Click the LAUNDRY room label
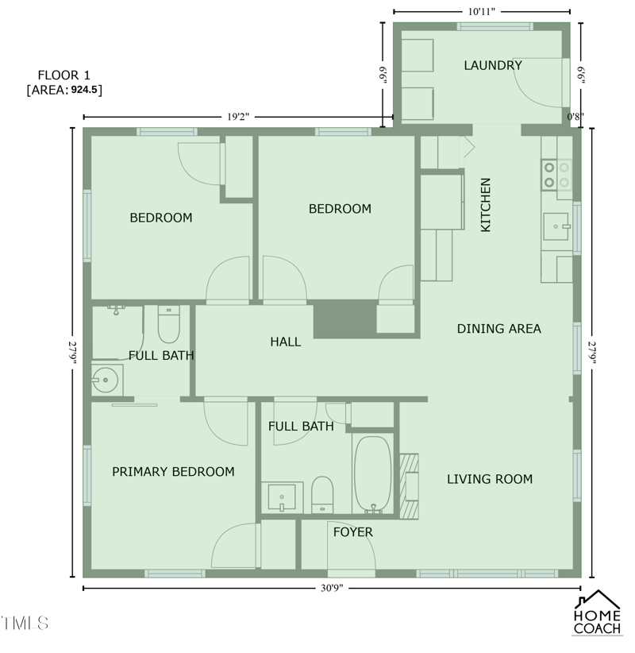(493, 66)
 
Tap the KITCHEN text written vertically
(486, 205)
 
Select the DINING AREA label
(498, 329)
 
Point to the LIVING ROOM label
(489, 479)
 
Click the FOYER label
(352, 532)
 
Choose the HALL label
(285, 342)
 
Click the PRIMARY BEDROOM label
(173, 472)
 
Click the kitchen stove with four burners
(556, 175)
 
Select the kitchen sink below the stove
(556, 226)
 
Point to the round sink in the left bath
(103, 381)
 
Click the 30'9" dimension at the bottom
(332, 588)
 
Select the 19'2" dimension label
(238, 117)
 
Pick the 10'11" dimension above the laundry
(482, 12)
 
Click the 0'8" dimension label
(575, 117)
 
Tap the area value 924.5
(86, 91)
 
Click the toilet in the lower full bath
(322, 495)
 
